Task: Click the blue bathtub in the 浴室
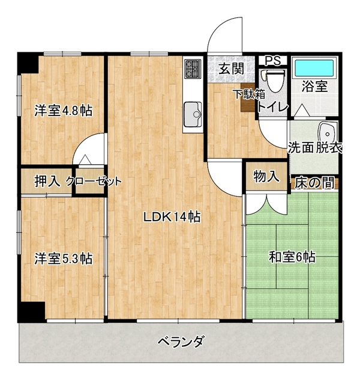click(x=314, y=68)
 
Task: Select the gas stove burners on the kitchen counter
click(x=193, y=69)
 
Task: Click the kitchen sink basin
click(x=193, y=114)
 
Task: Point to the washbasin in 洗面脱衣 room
click(x=328, y=133)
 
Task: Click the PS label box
click(x=273, y=60)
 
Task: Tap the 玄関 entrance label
click(x=231, y=69)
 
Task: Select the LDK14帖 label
click(x=172, y=217)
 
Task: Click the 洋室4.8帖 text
click(x=64, y=111)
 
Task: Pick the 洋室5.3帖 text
click(x=64, y=259)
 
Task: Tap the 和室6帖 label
click(x=292, y=257)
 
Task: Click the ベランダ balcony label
click(x=180, y=342)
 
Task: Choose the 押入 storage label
click(x=47, y=181)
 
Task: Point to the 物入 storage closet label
click(x=266, y=176)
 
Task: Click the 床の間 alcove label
click(x=314, y=183)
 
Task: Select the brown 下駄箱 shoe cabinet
click(x=248, y=97)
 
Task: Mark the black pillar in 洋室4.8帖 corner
click(x=28, y=63)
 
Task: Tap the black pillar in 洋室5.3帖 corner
click(x=31, y=311)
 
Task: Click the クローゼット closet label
click(x=94, y=181)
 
